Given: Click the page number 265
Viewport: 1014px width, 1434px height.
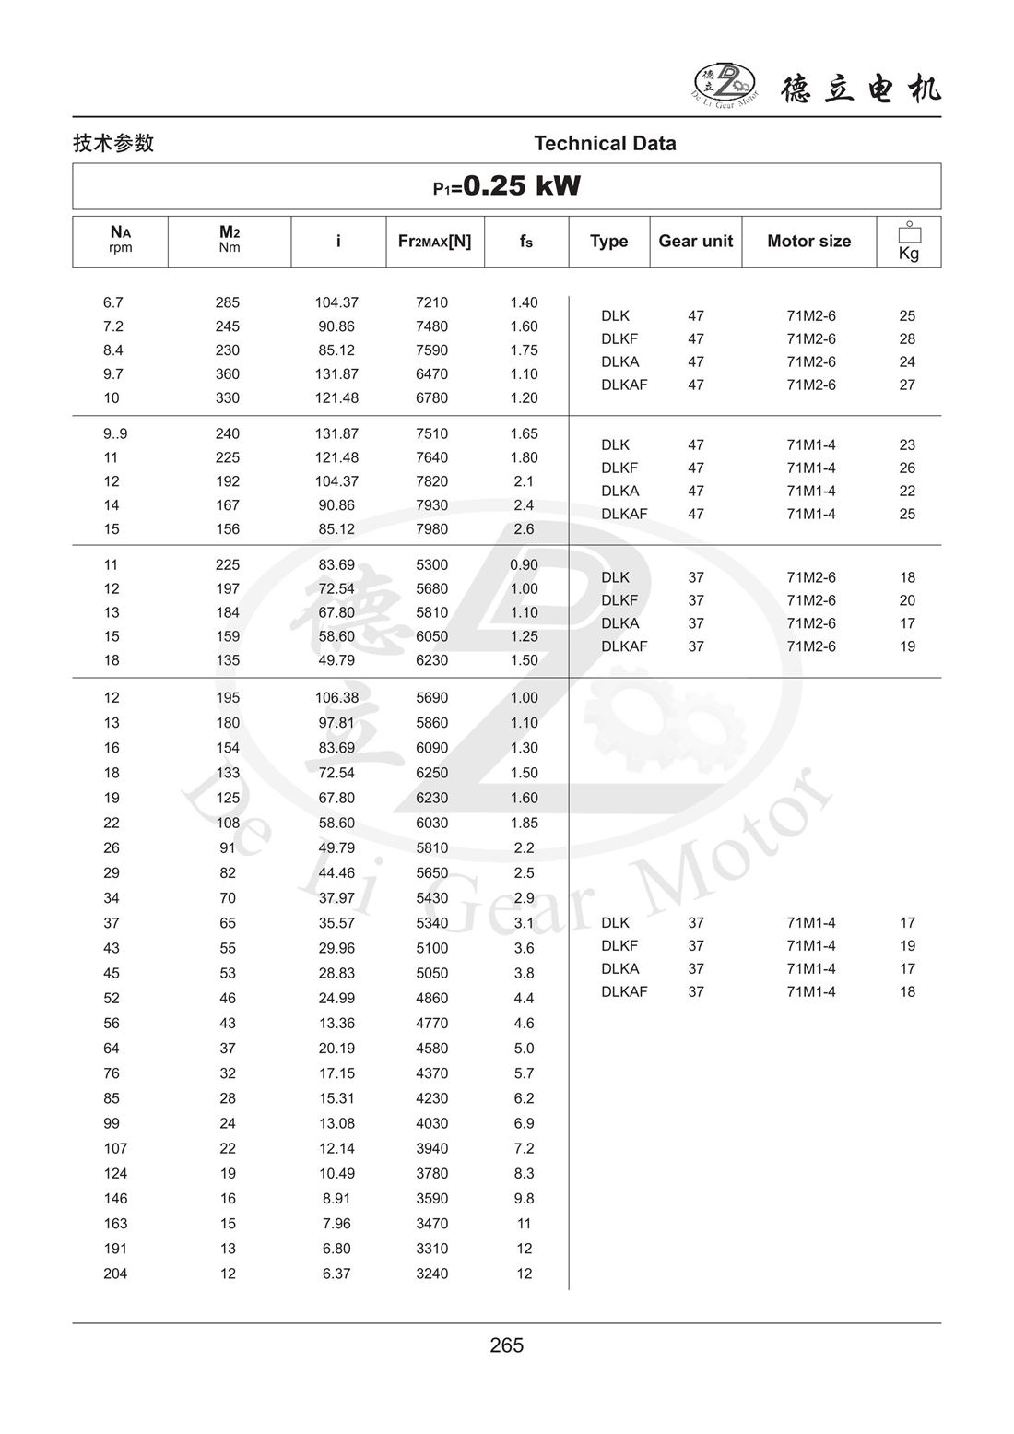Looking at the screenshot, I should (507, 1345).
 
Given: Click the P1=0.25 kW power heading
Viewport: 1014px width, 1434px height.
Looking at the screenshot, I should (507, 186).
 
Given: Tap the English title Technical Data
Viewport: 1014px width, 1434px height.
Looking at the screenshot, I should (605, 144).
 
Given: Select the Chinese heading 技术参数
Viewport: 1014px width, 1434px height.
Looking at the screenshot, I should (113, 144).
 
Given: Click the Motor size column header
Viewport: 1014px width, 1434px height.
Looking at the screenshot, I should (808, 242).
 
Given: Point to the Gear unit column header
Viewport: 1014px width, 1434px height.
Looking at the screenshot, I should (695, 242).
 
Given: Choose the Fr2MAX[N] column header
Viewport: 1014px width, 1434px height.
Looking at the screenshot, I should (434, 242).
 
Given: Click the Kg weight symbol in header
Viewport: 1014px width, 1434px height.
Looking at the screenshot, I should (909, 242).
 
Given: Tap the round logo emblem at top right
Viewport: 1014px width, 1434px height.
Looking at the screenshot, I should (724, 83).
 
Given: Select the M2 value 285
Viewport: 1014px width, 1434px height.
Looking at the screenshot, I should (227, 302).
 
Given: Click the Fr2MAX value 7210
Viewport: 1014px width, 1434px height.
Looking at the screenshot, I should (431, 302).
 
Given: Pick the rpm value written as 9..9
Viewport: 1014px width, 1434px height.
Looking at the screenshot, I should (115, 433).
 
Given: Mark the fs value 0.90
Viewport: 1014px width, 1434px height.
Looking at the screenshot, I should (524, 564).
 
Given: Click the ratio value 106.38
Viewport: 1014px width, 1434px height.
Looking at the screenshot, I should (336, 698).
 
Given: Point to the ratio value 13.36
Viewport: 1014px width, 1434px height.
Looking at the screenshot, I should (336, 1023).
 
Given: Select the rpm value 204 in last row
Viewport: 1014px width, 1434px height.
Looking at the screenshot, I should (115, 1274).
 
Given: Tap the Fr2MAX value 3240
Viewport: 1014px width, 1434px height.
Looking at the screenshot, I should (431, 1274).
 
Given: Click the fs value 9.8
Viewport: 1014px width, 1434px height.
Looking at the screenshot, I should (524, 1199).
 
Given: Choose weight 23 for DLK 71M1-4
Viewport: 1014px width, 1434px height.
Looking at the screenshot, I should (907, 444).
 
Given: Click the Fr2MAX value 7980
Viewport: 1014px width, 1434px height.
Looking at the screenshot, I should (431, 529).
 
